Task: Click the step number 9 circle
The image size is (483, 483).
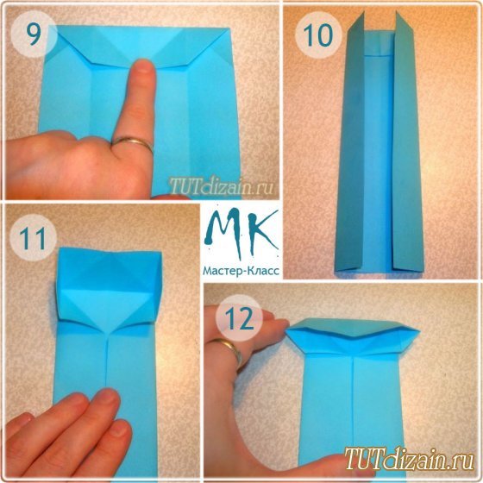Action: pyautogui.click(x=34, y=34)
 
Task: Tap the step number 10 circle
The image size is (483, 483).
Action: pyautogui.click(x=318, y=34)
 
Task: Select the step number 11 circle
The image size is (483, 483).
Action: pyautogui.click(x=34, y=238)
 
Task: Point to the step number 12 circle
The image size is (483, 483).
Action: pyautogui.click(x=239, y=319)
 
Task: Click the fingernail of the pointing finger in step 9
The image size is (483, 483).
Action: pyautogui.click(x=144, y=66)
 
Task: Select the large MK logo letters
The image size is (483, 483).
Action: pyautogui.click(x=241, y=233)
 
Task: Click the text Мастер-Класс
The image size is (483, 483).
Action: pyautogui.click(x=241, y=271)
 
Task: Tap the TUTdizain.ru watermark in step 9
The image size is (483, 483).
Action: pyautogui.click(x=221, y=186)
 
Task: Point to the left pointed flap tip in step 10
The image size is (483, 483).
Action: pyautogui.click(x=363, y=12)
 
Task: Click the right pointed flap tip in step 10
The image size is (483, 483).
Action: pyautogui.click(x=397, y=12)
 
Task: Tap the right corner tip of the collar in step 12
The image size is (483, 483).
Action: pyautogui.click(x=419, y=331)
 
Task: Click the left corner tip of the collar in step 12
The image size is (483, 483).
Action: pyautogui.click(x=286, y=330)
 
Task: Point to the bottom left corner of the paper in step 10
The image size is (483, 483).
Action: pyautogui.click(x=336, y=271)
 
